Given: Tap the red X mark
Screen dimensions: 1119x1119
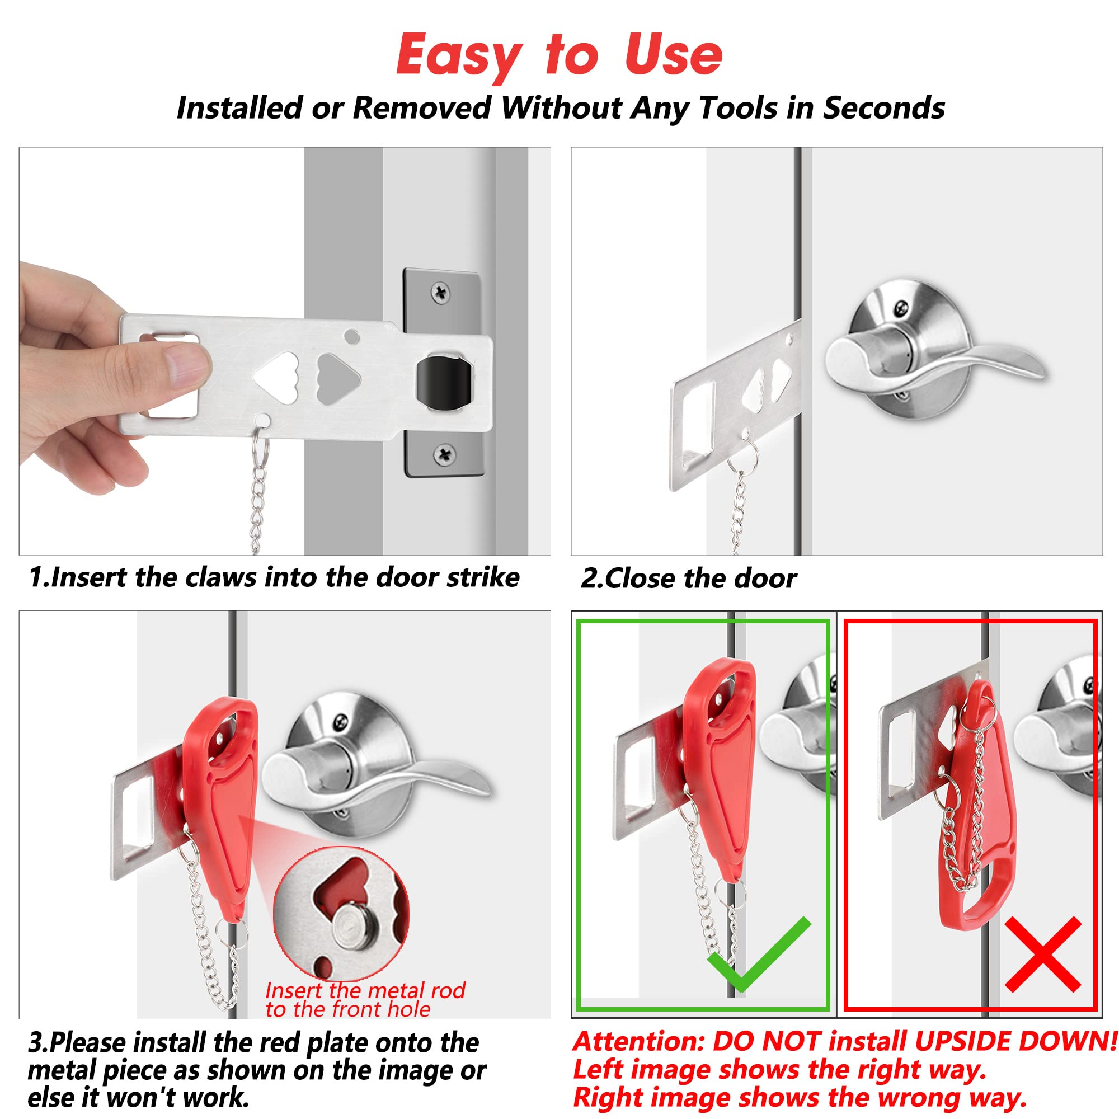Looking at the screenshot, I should (1042, 954).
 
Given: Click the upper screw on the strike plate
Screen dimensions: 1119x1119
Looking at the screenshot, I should (441, 292).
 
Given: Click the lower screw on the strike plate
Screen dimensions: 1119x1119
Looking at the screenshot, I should (444, 454).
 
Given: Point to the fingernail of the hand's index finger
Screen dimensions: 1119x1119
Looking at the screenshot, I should (188, 368).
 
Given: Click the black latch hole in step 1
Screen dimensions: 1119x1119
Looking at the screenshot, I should (444, 381).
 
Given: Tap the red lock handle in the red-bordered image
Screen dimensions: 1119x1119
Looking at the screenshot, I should (979, 811).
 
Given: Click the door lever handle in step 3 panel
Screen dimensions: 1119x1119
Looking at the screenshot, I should (371, 776).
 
